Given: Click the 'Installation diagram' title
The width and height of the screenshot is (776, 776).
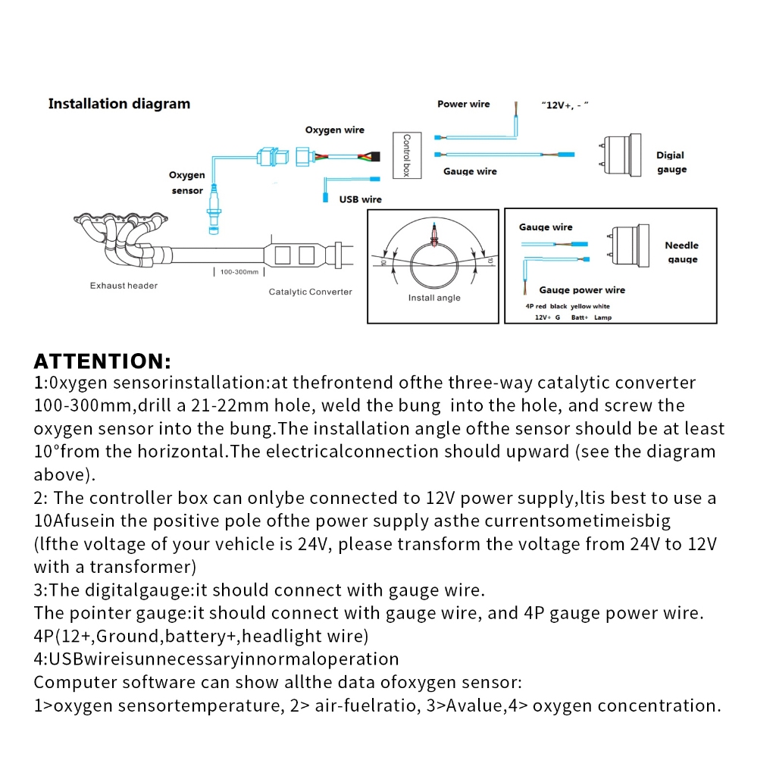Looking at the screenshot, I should (x=119, y=104).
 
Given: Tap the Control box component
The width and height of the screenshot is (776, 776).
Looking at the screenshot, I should (x=405, y=155).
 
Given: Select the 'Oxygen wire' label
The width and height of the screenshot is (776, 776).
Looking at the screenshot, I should (x=335, y=130).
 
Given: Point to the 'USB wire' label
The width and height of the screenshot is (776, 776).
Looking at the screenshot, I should (x=361, y=199).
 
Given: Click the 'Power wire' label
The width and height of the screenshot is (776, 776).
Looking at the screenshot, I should (x=463, y=104).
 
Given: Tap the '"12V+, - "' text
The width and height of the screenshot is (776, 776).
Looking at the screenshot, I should (x=565, y=105).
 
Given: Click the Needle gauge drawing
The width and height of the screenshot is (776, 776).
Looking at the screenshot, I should (x=628, y=244).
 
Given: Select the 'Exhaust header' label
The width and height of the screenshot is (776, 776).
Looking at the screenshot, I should (x=124, y=286).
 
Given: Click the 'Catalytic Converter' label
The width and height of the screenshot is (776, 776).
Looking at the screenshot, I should (x=310, y=292).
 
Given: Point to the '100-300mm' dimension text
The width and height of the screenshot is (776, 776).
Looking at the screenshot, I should (x=239, y=271).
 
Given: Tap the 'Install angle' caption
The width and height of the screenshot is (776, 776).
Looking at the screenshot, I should (x=434, y=298).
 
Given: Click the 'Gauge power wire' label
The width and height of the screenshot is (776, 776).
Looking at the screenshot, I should (x=582, y=289).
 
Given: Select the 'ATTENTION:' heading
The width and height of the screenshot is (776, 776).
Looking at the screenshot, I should (x=102, y=361).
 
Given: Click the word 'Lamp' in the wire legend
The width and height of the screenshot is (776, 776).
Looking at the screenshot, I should (x=602, y=318).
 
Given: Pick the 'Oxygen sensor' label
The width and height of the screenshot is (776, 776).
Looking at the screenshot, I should (x=187, y=183).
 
